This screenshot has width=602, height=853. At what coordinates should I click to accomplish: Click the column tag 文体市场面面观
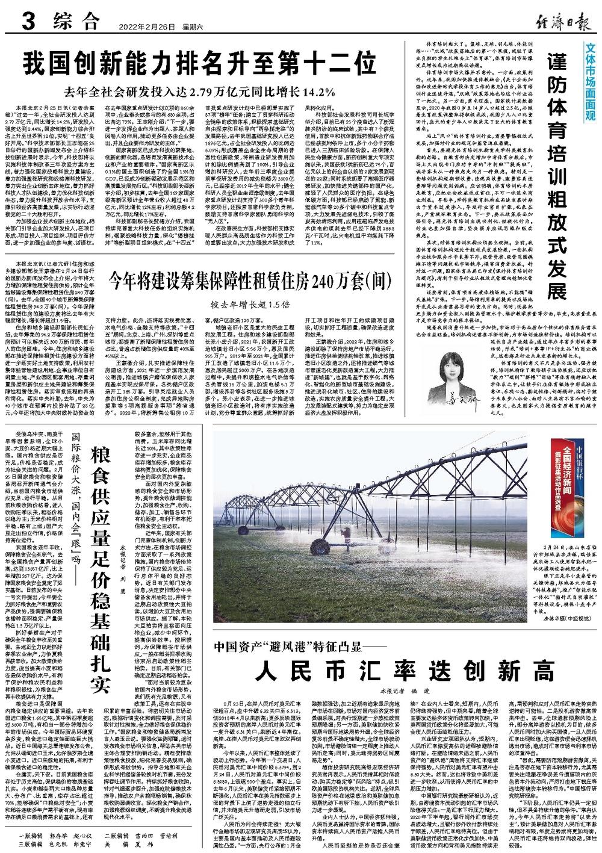591,81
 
